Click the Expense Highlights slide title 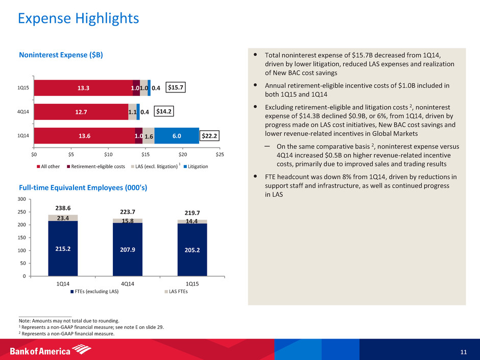click(78, 19)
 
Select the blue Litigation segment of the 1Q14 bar click(176, 135)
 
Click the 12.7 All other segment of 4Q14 click(81, 111)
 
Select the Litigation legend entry click(196, 167)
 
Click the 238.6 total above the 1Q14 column click(63, 208)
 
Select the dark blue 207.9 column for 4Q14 click(128, 250)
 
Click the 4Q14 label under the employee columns click(128, 282)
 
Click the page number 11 click(463, 351)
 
